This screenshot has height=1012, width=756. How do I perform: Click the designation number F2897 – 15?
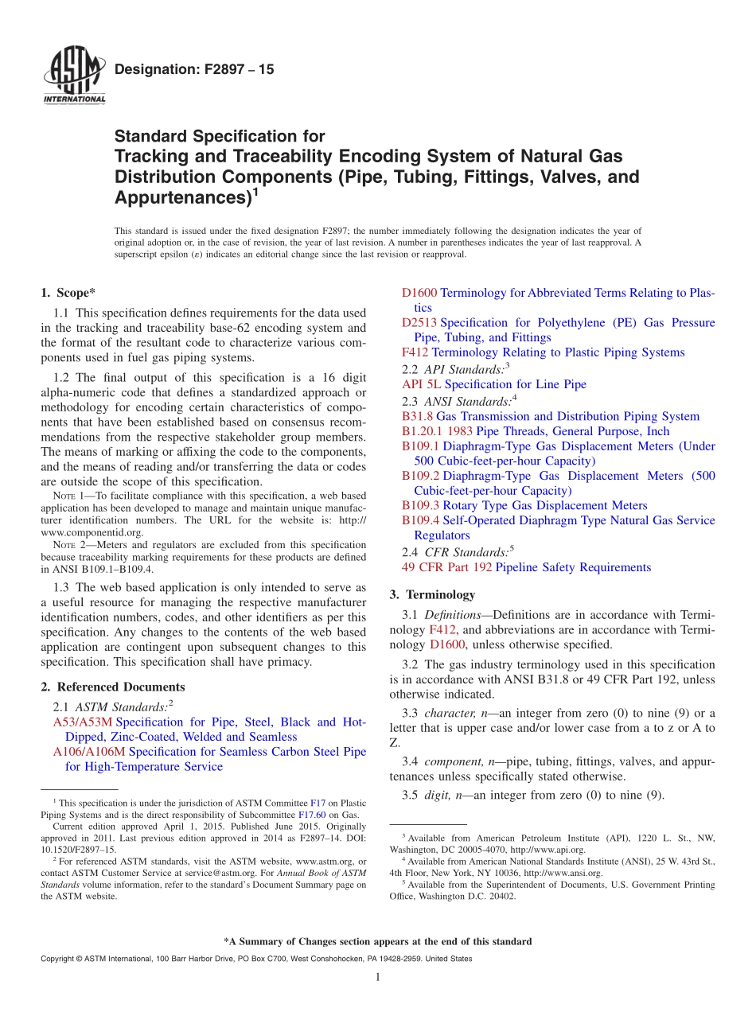point(194,69)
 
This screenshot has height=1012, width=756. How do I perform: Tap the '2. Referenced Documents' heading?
point(112,687)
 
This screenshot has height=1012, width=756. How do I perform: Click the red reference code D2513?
point(420,322)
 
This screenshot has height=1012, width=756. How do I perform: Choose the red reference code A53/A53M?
point(82,722)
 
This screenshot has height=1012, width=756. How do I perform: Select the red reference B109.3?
point(420,505)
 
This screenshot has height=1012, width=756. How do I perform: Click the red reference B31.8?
point(417,416)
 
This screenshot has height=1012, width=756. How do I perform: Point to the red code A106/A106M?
point(88,752)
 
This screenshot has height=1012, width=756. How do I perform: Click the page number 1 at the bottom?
point(378,977)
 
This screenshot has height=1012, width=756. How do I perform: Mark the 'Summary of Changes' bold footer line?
point(378,941)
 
